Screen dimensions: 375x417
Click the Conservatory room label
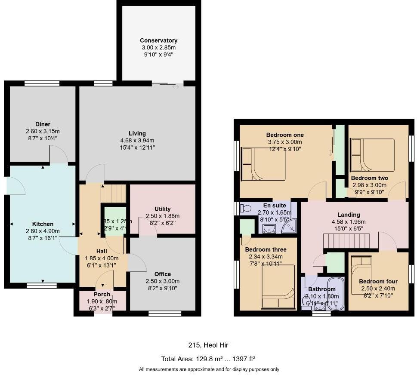158,40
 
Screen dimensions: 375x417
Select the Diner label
43,124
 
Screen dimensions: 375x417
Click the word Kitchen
43,224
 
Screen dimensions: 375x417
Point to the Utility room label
162,209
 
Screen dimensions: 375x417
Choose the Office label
162,274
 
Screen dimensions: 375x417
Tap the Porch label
102,294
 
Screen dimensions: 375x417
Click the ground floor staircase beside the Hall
113,194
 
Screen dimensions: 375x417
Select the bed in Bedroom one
263,164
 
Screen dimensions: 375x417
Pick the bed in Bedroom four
361,275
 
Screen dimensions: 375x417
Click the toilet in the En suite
246,209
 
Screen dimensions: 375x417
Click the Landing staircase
347,241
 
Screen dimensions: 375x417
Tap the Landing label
349,215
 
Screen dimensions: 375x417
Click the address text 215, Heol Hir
208,345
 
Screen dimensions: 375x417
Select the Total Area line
208,359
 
